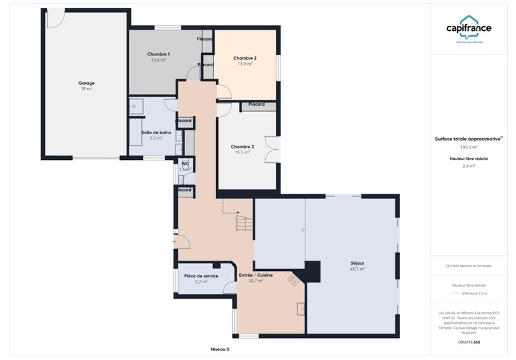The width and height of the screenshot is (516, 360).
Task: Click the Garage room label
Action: click(86, 83)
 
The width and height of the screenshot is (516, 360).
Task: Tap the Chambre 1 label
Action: click(158, 54)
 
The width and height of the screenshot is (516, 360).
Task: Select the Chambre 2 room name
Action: click(245, 58)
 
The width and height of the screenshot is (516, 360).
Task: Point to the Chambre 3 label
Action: click(242, 146)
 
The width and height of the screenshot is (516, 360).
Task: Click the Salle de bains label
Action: click(152, 133)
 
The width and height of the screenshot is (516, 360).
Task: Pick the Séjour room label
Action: click(357, 263)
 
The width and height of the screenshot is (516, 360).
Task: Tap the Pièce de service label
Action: click(201, 276)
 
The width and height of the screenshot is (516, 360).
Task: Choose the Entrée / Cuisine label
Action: click(255, 275)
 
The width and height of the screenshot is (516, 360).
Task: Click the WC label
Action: click(185, 163)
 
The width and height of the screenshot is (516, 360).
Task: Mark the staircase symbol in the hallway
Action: click(245, 223)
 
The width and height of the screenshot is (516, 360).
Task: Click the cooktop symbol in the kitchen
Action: click(294, 280)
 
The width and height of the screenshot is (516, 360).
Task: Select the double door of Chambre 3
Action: click(272, 150)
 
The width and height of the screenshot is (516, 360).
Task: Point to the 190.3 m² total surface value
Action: click(469, 146)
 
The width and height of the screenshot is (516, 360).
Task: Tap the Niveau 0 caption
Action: click(220, 350)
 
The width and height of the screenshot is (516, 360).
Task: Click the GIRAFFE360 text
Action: click(469, 342)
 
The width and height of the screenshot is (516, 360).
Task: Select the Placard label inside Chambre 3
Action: click(256, 104)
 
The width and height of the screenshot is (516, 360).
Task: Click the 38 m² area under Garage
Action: click(86, 89)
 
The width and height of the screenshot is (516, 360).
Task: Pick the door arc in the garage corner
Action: click(55, 18)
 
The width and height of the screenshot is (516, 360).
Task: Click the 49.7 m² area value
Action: click(357, 269)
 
